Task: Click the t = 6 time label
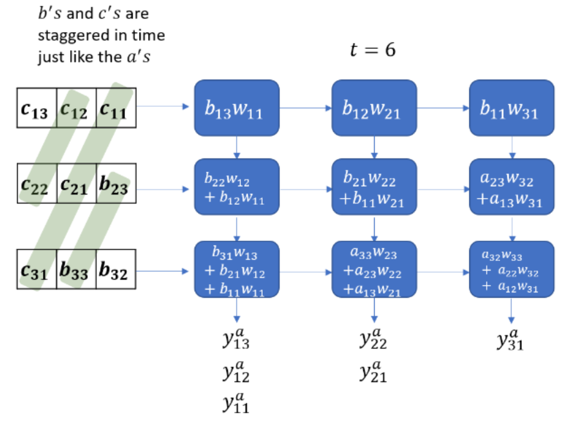click(373, 50)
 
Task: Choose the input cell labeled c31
click(36, 270)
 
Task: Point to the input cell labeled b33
click(76, 270)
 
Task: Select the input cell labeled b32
click(116, 270)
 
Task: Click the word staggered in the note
click(69, 35)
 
